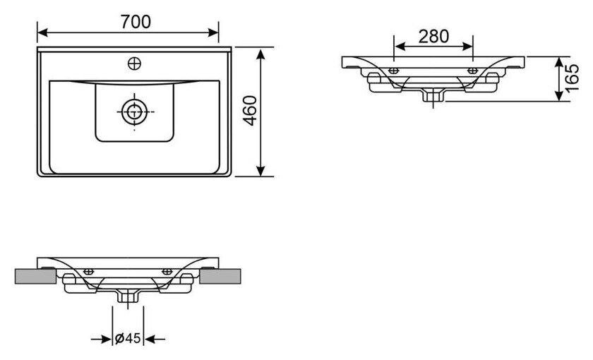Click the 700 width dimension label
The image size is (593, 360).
(136, 22)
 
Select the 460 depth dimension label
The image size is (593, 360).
(250, 111)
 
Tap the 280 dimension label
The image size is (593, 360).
(433, 36)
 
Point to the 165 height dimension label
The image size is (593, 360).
(572, 78)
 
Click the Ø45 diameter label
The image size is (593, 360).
(128, 338)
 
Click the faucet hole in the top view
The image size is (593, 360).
(135, 64)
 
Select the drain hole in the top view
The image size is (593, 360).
(134, 112)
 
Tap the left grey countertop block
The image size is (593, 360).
(35, 276)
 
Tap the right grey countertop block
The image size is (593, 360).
(220, 276)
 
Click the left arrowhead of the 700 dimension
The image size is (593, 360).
(42, 32)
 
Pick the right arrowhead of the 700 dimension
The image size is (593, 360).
(213, 32)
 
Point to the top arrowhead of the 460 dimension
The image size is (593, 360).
(260, 54)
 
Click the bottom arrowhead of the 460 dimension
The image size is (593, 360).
(260, 171)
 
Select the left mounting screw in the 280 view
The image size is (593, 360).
(394, 71)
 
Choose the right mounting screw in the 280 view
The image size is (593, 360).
(473, 71)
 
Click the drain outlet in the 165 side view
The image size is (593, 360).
(433, 95)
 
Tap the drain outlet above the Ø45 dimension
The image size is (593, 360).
(128, 295)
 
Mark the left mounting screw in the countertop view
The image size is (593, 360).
(88, 272)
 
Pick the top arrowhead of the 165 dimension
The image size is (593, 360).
(559, 63)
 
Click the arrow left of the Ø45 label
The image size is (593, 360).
(102, 340)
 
